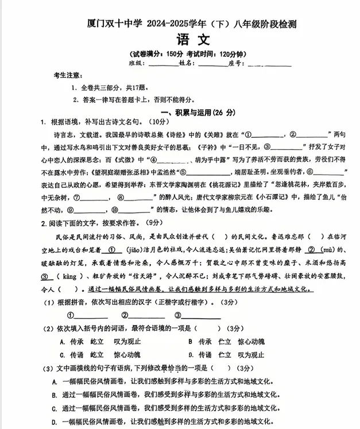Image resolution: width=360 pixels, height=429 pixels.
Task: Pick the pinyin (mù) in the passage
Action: pos(328,250)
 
